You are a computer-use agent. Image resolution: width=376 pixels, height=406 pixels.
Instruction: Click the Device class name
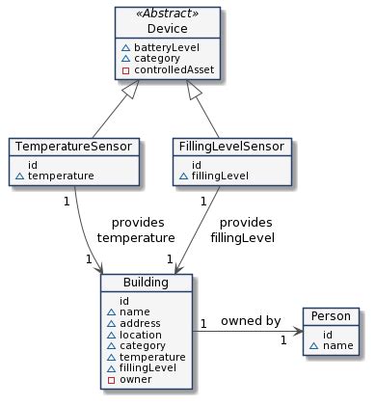[x=167, y=29]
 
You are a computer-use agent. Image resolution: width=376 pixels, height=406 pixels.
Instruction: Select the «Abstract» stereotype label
[x=167, y=15]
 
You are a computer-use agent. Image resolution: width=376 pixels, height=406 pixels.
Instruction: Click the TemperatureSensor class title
[x=75, y=147]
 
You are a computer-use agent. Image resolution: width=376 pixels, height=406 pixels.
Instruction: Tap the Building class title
[x=148, y=283]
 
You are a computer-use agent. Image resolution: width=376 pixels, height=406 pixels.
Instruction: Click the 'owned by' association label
[x=250, y=320]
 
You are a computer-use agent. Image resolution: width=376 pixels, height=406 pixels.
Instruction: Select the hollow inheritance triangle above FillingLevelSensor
[x=194, y=90]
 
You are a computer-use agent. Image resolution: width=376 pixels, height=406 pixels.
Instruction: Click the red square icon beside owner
[x=111, y=381]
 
